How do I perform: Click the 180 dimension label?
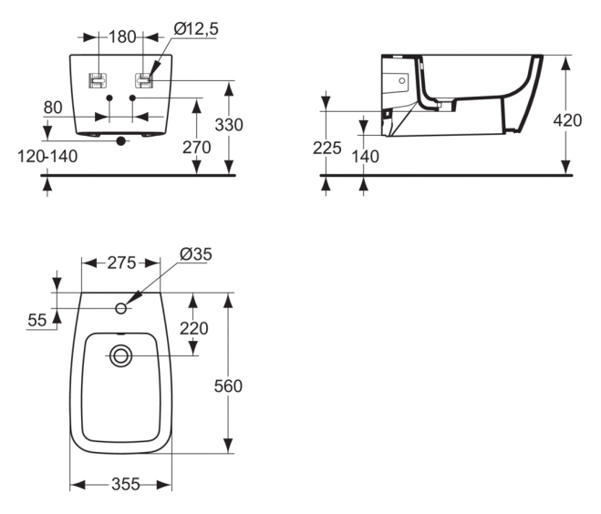[x=122, y=37]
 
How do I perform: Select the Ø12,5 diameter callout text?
[x=196, y=29]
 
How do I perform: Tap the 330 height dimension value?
[x=229, y=125]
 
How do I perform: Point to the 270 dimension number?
[x=197, y=148]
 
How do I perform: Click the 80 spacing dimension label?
[x=53, y=108]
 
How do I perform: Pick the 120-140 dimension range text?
[x=47, y=156]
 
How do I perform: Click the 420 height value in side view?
[x=567, y=120]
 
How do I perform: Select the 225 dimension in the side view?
[x=326, y=149]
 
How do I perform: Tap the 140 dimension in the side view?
[x=366, y=157]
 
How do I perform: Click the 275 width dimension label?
[x=121, y=263]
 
